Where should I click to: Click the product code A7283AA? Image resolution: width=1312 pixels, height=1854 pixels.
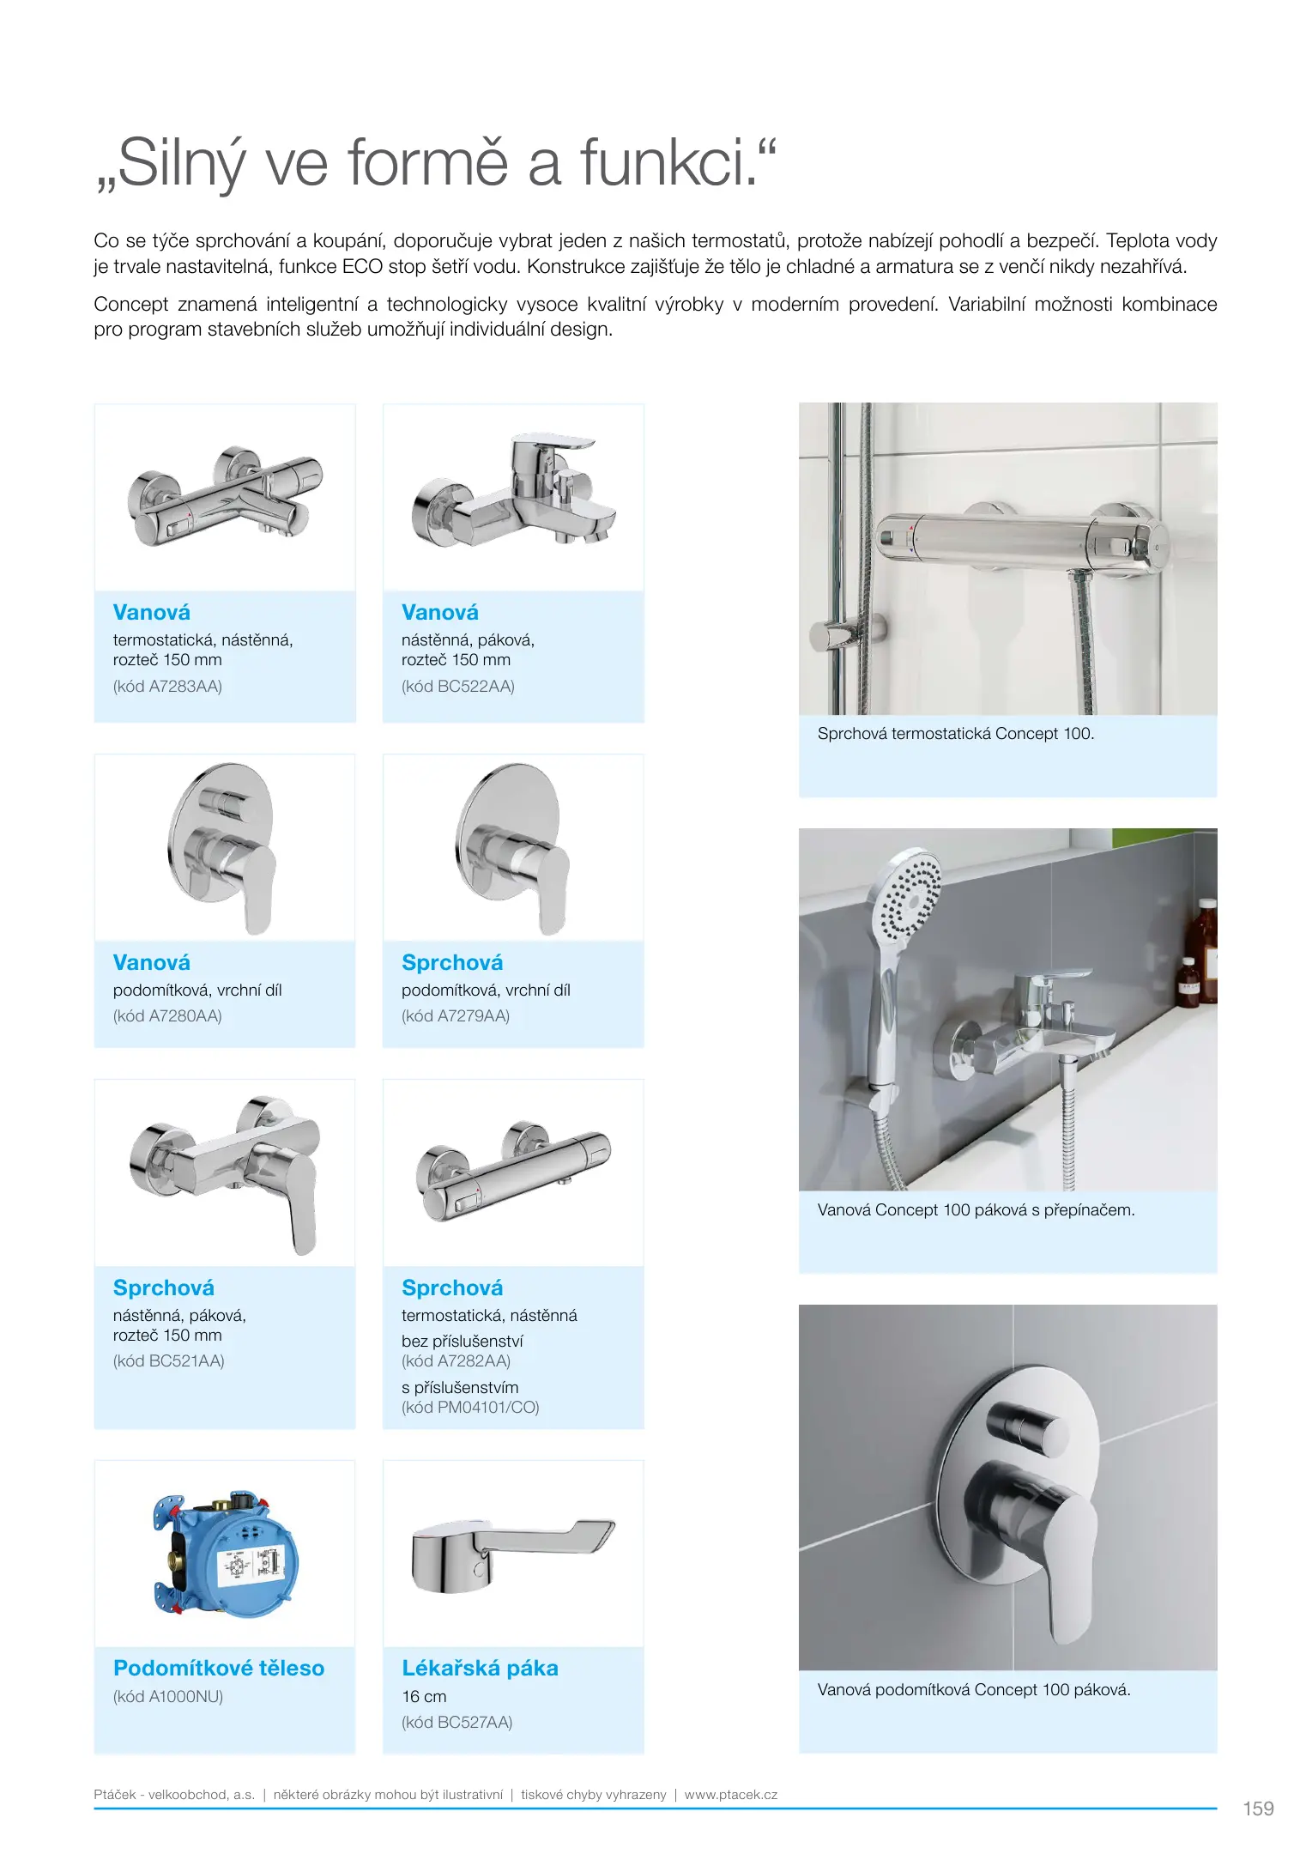(167, 687)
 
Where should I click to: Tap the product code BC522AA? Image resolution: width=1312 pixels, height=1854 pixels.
(457, 687)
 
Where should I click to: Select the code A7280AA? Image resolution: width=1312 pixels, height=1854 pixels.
(167, 1016)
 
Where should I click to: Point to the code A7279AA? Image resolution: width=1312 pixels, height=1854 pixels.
(456, 1016)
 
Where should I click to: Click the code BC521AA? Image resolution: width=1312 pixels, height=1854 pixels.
(168, 1361)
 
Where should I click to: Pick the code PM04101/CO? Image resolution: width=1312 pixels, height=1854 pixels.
(470, 1408)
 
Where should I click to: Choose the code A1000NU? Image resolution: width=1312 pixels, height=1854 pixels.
(168, 1697)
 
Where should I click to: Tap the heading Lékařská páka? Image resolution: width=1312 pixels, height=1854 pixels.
(480, 1669)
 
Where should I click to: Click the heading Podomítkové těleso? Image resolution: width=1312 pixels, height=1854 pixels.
(219, 1669)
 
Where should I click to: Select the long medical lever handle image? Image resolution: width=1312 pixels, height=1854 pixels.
(511, 1554)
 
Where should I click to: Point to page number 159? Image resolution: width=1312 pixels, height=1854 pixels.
(1258, 1809)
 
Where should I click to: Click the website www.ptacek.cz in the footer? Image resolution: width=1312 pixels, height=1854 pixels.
(731, 1795)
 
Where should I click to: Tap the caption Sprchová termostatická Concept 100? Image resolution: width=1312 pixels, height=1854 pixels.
(955, 734)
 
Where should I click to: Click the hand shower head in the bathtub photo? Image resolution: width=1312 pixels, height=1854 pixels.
(908, 897)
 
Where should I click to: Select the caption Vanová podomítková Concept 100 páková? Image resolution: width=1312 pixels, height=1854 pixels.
(974, 1690)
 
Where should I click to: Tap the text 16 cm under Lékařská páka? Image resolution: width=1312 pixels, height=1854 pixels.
(424, 1697)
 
